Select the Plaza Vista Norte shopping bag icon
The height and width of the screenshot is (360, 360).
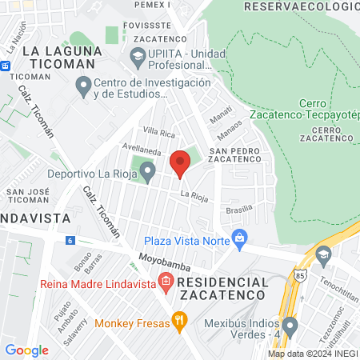[238, 238]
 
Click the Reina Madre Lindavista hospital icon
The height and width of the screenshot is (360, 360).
[166, 281]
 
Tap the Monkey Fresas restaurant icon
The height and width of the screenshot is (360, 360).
[180, 323]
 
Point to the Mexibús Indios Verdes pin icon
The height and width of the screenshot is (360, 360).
[290, 326]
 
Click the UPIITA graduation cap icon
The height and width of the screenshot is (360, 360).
[137, 56]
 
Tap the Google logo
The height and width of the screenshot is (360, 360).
[26, 350]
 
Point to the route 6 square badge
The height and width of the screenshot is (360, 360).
[70, 240]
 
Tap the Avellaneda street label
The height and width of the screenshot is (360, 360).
[142, 148]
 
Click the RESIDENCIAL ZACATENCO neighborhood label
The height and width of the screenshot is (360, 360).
[222, 289]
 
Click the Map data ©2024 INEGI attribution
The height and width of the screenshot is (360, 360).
[312, 353]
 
